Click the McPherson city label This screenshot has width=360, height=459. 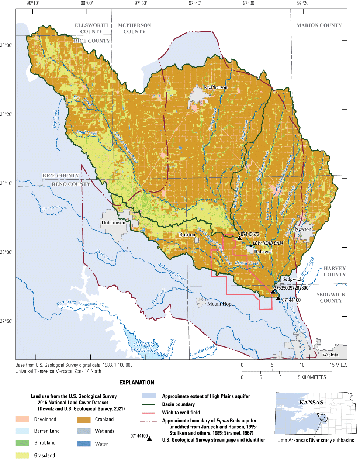[216, 87]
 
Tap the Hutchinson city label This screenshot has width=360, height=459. [113, 222]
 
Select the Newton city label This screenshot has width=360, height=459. [303, 229]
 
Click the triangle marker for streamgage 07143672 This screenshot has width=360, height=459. [239, 238]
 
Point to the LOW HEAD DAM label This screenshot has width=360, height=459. [268, 243]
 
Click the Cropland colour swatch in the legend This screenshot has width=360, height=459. [84, 420]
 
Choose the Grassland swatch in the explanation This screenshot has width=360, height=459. [22, 455]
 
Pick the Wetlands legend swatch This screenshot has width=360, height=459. [84, 431]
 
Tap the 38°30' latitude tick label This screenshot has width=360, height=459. [6, 45]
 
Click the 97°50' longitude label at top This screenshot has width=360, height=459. [141, 3]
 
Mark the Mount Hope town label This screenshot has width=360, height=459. [220, 304]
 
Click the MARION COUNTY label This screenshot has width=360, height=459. [319, 25]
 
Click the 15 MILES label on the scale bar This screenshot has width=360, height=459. [338, 365]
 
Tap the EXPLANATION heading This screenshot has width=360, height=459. [136, 383]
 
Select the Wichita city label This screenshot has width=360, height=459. [330, 355]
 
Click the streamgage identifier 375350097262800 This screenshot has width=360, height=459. [291, 288]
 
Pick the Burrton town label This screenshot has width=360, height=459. [187, 235]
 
